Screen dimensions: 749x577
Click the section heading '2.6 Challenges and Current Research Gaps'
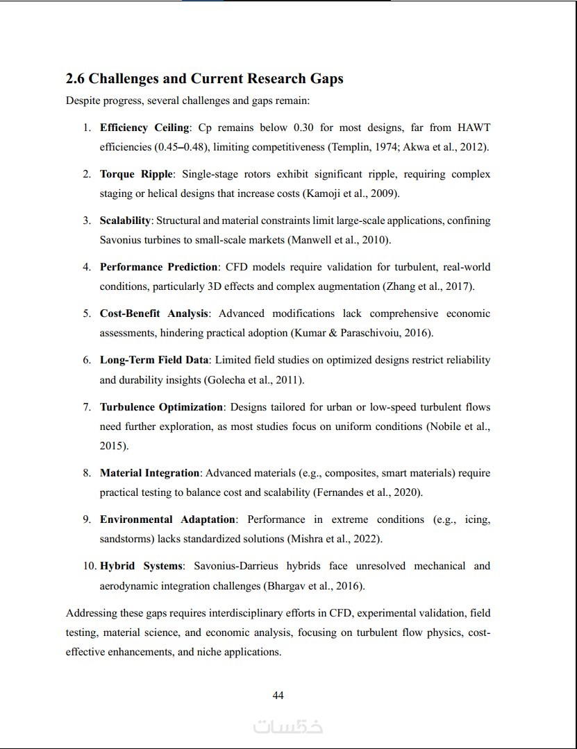tap(204, 79)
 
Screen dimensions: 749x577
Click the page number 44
tap(278, 696)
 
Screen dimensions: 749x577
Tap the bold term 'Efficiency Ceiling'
tap(144, 128)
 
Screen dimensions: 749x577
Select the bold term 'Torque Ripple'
tap(135, 174)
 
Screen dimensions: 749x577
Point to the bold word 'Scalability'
tap(125, 221)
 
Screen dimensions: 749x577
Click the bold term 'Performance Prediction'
tap(159, 267)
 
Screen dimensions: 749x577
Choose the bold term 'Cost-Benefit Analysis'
tap(154, 313)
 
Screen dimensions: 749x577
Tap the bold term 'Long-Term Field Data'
tap(154, 360)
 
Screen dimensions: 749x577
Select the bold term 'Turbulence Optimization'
tap(162, 407)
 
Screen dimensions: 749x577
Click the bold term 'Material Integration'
tap(150, 473)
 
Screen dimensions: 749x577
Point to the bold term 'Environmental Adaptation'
tap(168, 519)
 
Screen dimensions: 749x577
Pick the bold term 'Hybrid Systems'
tap(142, 566)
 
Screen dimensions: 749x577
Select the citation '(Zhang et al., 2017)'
tap(428, 286)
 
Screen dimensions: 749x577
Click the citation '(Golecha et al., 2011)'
tap(254, 380)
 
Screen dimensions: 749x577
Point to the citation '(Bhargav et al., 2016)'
tap(314, 586)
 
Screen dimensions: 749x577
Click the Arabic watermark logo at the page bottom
tap(287, 727)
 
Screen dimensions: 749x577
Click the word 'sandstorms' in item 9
tap(126, 539)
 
